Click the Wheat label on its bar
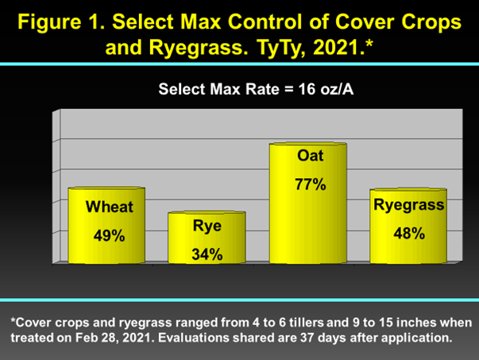(110, 207)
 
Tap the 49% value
(109, 235)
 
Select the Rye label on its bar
(207, 226)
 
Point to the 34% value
(207, 254)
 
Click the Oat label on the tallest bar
(310, 156)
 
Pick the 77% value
(311, 184)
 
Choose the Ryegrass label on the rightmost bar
(409, 205)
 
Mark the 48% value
(409, 234)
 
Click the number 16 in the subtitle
(307, 89)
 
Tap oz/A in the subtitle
(337, 89)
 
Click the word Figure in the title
(49, 22)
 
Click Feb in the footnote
(84, 338)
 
